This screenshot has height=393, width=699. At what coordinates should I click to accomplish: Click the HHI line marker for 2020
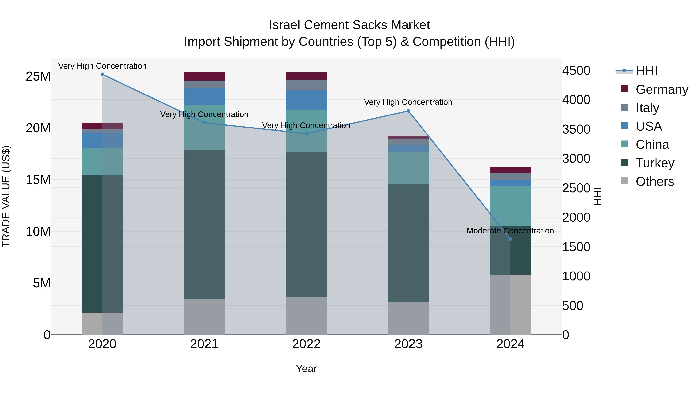pos(102,74)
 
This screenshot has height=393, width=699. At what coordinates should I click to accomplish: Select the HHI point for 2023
pos(408,111)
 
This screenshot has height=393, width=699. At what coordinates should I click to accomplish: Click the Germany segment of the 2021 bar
pos(204,76)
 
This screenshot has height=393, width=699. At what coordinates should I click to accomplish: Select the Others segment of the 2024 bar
pos(510,304)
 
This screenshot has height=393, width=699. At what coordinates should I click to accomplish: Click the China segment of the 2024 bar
pos(510,206)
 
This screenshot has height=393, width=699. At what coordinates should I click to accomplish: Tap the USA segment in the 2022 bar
pos(306,100)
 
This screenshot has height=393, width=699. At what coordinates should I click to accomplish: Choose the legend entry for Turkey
pos(655,163)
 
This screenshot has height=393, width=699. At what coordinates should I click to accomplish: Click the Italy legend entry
pos(647,108)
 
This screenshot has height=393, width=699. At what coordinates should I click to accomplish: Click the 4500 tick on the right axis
pos(576,70)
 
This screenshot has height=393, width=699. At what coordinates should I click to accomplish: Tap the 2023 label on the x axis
pos(408,344)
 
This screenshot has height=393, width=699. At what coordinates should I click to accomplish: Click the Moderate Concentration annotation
pos(510,231)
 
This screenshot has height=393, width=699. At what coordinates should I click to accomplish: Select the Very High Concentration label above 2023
pos(408,102)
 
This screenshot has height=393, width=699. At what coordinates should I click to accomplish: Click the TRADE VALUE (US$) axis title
pos(6,196)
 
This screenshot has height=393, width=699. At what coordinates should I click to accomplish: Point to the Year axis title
pos(306,369)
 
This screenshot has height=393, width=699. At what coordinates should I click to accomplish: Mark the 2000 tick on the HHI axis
pos(576,218)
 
